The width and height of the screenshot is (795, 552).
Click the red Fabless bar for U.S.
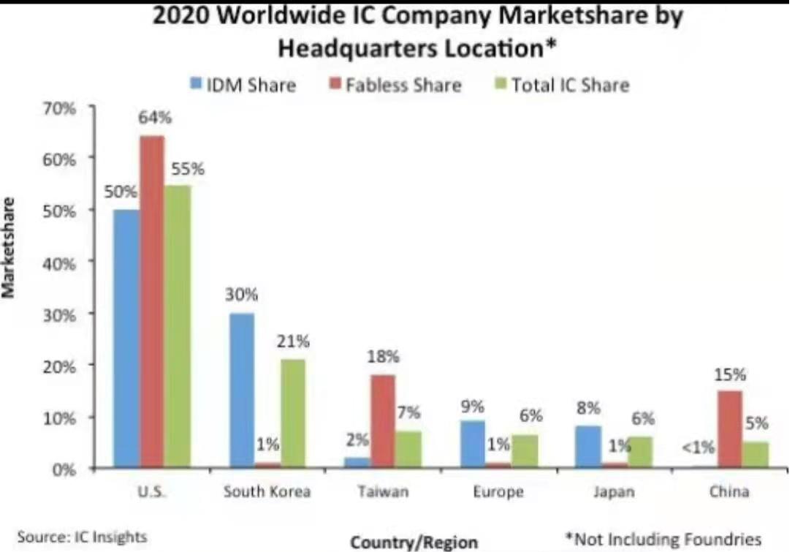152,301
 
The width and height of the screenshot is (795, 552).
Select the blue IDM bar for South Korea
242,390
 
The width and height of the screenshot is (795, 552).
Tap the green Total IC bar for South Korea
292,413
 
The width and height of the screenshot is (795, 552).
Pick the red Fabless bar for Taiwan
383,421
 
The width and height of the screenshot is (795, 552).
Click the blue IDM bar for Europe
473,444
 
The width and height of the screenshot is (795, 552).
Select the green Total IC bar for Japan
639,452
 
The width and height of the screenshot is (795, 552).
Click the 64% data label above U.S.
156,118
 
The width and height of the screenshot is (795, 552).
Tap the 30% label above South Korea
242,295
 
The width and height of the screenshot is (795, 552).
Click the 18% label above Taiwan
384,357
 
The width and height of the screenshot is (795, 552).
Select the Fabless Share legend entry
395,85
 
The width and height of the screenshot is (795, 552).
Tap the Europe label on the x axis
498,491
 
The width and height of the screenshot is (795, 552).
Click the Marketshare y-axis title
9,246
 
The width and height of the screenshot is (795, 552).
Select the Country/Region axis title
414,542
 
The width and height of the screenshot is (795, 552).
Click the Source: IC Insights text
82,537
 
